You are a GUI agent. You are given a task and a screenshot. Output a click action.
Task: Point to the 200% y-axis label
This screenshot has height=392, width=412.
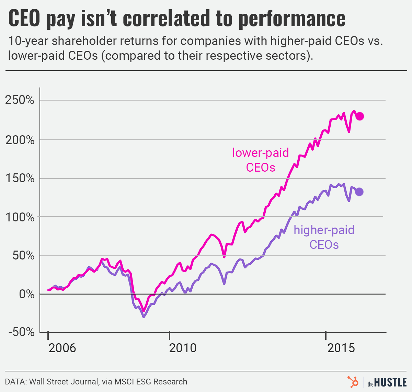click(x=20, y=140)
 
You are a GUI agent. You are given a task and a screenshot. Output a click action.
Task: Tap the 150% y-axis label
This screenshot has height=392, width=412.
click(x=20, y=178)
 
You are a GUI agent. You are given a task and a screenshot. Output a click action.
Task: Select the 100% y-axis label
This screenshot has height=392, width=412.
click(x=20, y=217)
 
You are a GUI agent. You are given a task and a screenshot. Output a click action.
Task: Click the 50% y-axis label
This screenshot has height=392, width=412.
click(x=23, y=256)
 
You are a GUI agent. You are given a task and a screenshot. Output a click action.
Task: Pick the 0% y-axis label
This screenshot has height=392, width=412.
click(x=26, y=294)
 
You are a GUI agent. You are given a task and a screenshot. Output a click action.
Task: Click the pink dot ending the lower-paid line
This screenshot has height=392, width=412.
click(x=359, y=116)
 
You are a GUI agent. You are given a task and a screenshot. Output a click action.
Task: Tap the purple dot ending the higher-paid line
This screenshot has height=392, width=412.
click(x=359, y=192)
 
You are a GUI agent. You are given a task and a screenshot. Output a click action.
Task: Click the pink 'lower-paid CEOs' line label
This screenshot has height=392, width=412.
click(x=261, y=160)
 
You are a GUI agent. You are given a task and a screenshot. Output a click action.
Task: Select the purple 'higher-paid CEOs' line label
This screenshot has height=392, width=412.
click(x=324, y=237)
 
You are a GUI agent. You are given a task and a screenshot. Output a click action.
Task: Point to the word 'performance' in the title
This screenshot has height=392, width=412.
click(x=291, y=19)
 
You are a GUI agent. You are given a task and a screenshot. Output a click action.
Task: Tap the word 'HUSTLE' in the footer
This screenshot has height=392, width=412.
click(x=390, y=382)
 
